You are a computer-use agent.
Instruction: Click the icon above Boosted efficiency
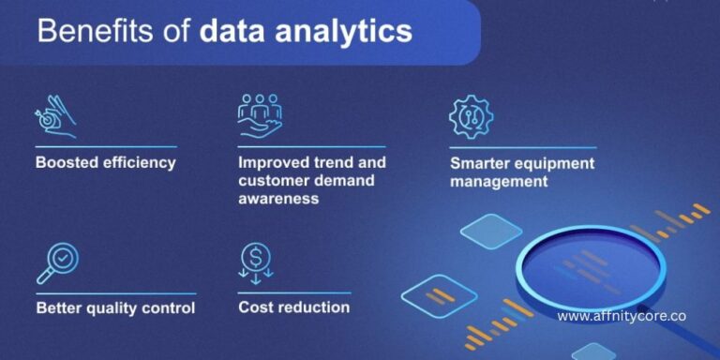56,117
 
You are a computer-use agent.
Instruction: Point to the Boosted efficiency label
106,162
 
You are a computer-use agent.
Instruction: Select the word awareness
278,198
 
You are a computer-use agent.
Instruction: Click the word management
499,181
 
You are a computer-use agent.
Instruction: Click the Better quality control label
115,307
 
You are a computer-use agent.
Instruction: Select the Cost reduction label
293,307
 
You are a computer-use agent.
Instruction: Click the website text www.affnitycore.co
621,317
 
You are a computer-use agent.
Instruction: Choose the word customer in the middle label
274,180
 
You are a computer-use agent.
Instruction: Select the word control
169,307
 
